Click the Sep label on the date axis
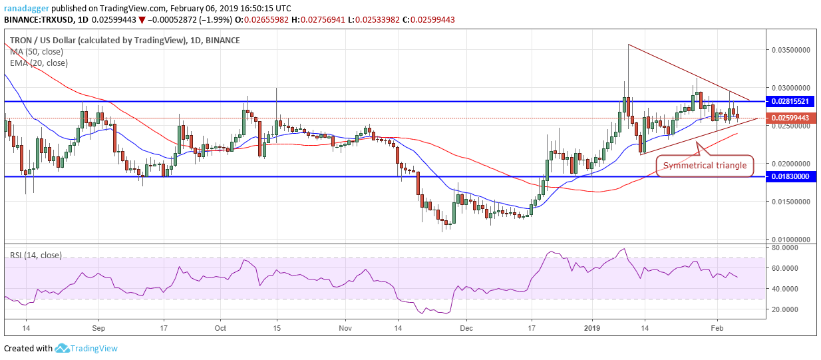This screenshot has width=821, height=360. [x=98, y=328]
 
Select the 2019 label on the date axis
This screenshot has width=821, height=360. [x=591, y=328]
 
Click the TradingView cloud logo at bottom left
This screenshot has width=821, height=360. [x=63, y=348]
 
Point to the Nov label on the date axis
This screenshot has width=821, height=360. [x=344, y=328]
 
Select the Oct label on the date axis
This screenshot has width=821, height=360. [x=221, y=328]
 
